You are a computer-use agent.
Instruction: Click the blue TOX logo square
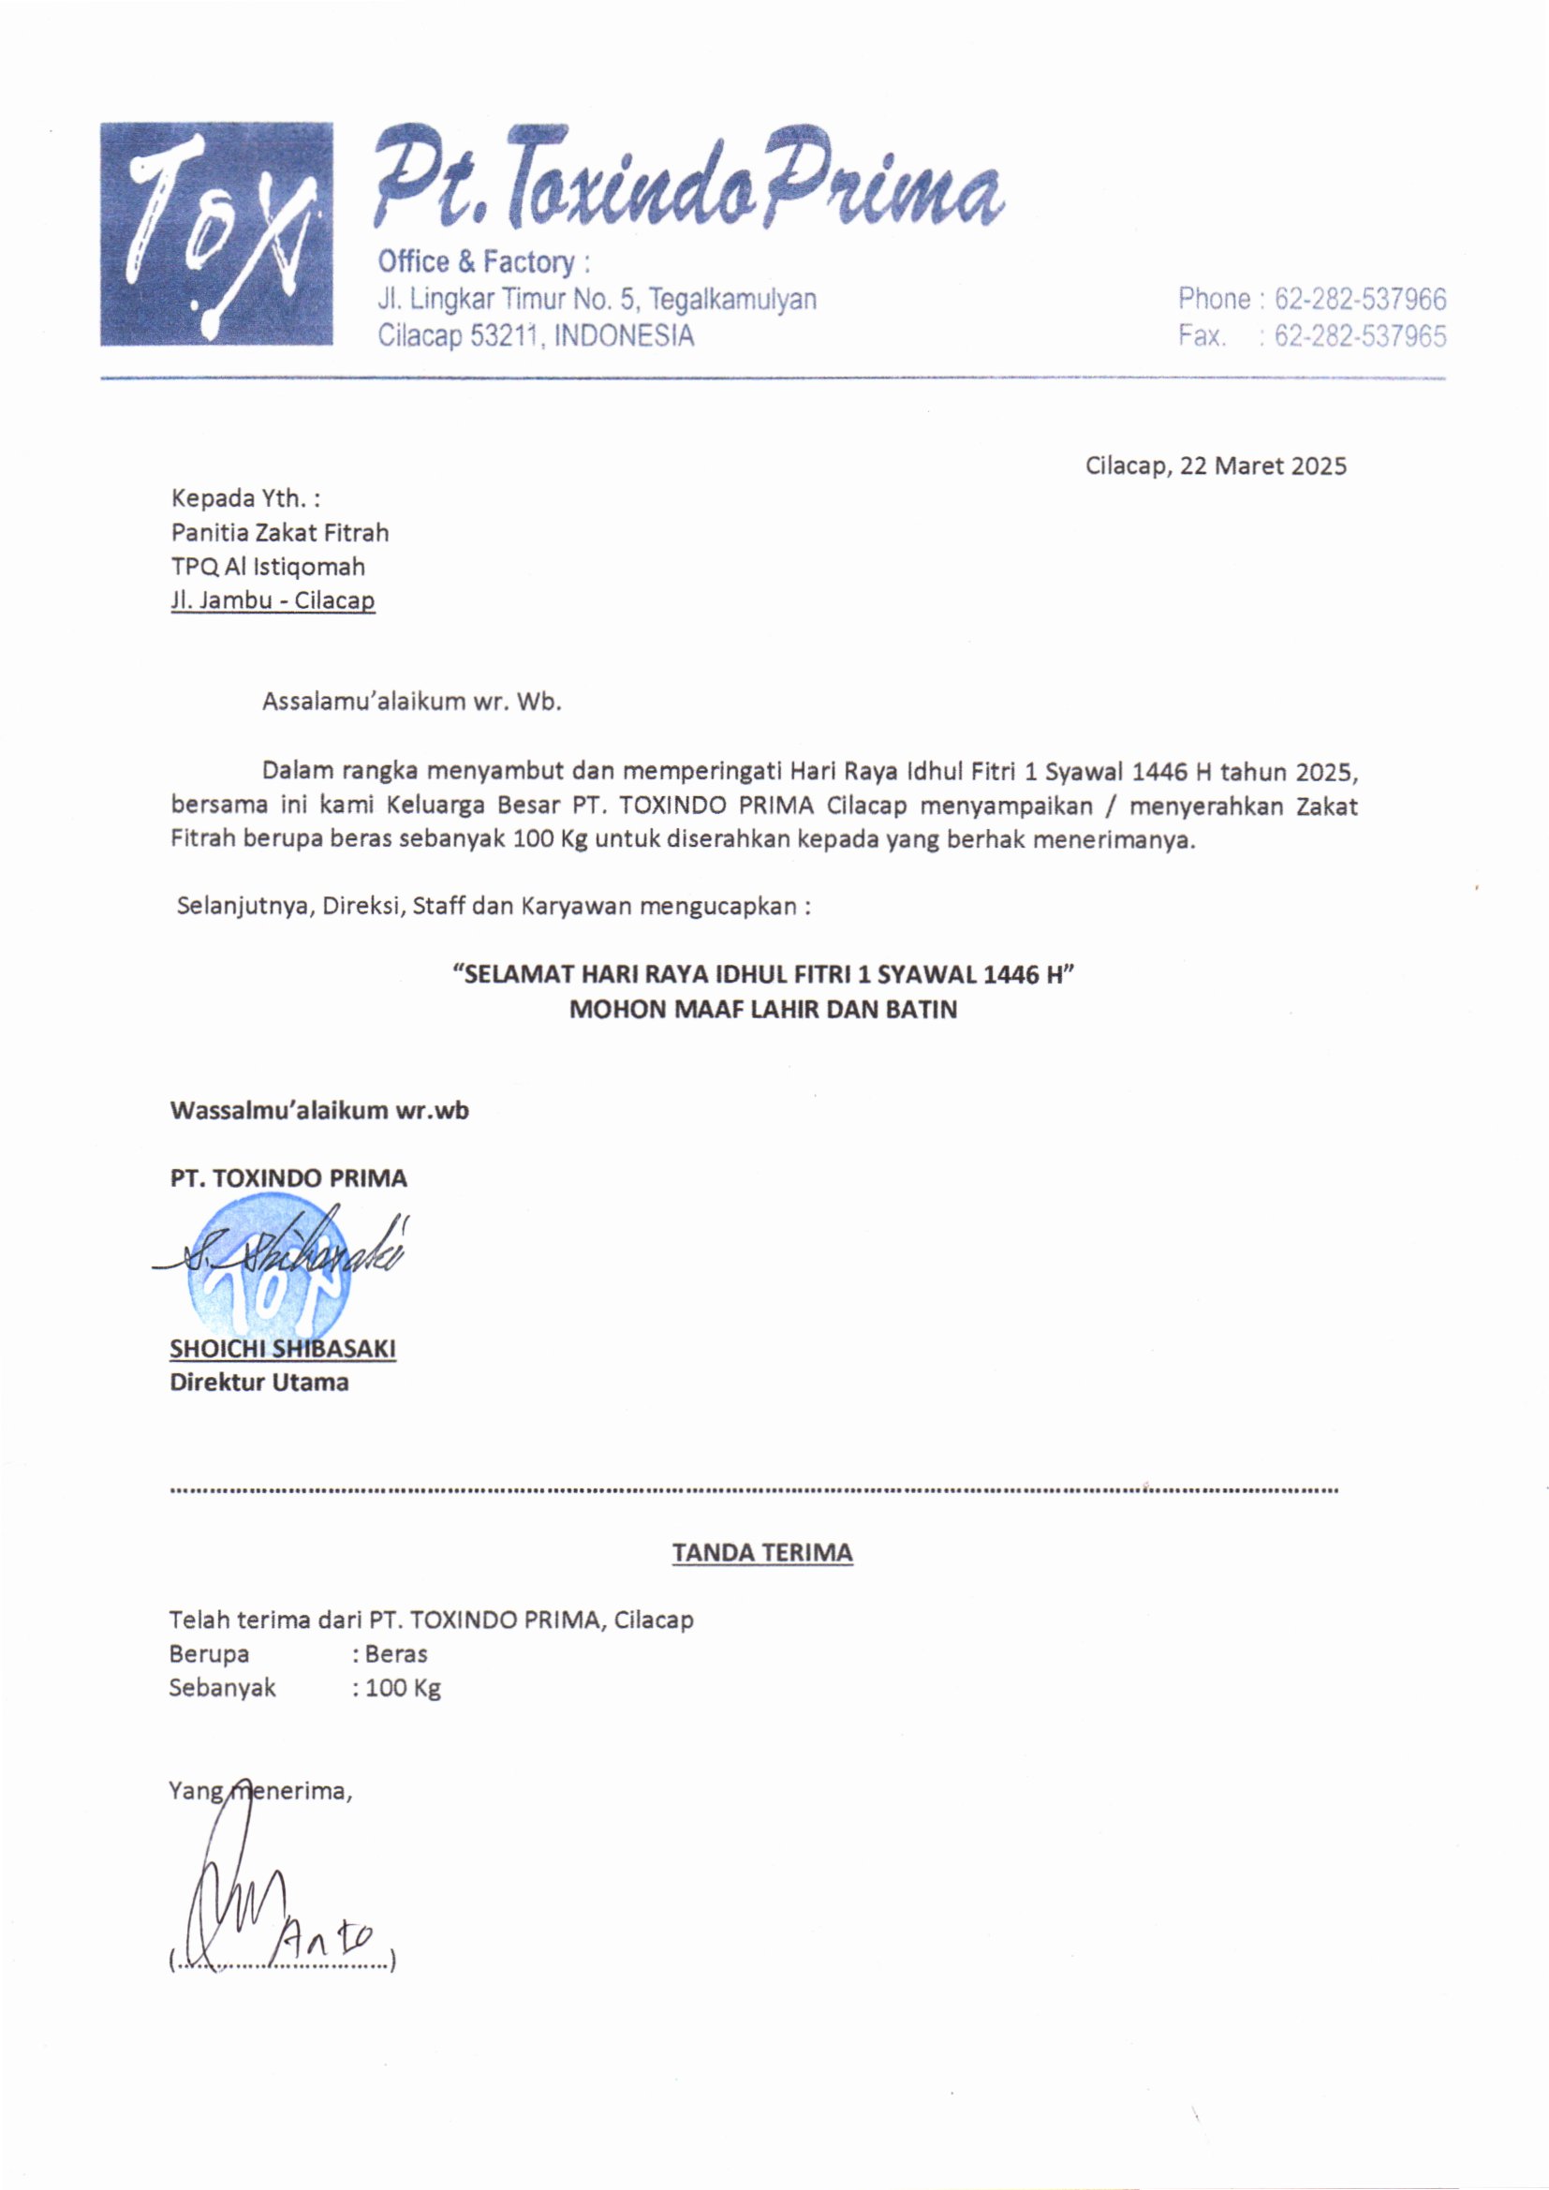coord(216,233)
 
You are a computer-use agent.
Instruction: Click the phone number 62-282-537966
coord(1359,300)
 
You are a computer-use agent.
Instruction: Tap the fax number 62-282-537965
coord(1359,335)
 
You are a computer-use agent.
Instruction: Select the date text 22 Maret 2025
coord(1262,466)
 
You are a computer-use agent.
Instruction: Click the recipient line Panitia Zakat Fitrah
coord(279,532)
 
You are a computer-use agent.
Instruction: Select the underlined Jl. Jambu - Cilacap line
coord(273,601)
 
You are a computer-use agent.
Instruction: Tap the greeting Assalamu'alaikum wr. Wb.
coord(412,702)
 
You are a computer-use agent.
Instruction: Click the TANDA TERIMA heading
coord(762,1553)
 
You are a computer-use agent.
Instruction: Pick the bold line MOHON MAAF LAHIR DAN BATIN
coord(762,1009)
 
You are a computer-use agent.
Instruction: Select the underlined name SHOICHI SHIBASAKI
coord(282,1349)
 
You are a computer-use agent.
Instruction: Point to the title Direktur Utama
coord(258,1383)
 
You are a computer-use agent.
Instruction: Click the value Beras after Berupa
coord(396,1654)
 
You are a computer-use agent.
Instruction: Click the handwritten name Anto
coord(329,1938)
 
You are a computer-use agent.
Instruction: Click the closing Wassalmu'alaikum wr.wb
coord(318,1110)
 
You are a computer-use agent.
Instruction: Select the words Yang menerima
coord(259,1791)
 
